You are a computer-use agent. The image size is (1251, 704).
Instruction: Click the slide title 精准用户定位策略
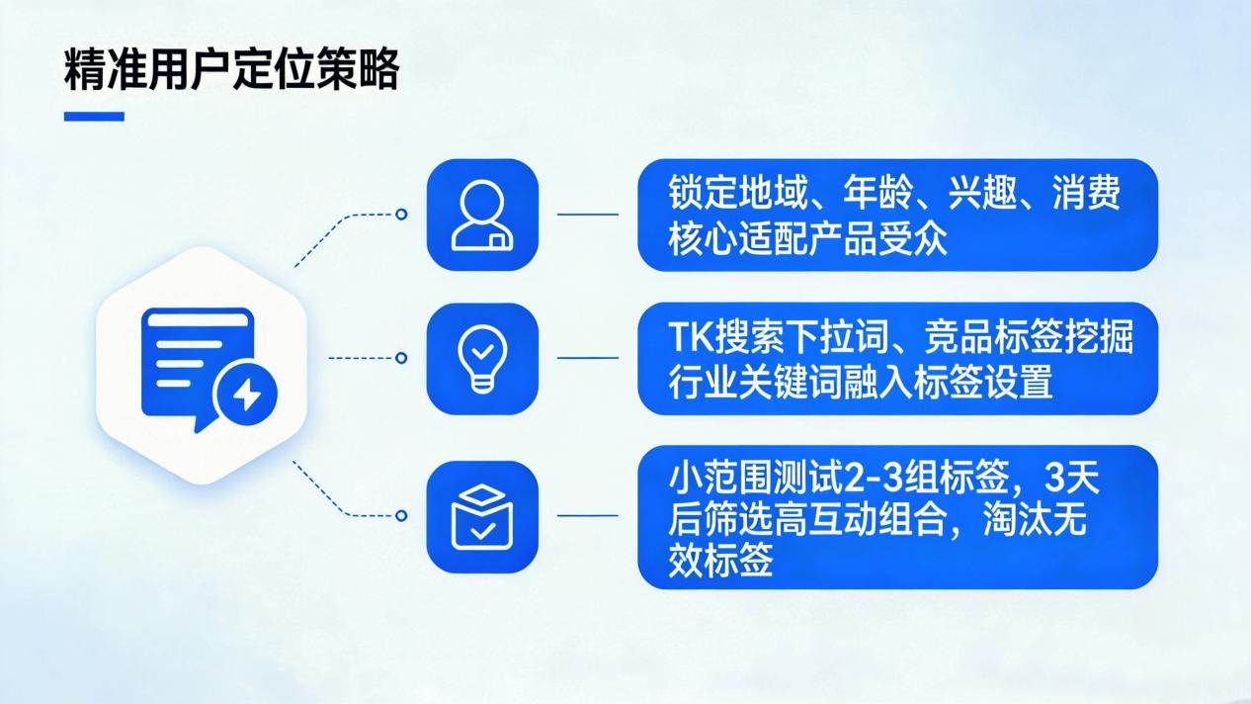tap(231, 72)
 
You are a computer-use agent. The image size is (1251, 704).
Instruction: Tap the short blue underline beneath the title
tap(94, 117)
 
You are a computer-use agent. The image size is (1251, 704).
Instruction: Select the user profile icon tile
tap(482, 215)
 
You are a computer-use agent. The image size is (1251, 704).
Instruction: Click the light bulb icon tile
tap(482, 358)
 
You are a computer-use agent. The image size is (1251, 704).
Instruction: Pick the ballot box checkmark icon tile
tap(482, 516)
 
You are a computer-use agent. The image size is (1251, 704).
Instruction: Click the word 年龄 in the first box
tap(876, 193)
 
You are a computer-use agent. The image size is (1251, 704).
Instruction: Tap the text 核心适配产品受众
tap(807, 239)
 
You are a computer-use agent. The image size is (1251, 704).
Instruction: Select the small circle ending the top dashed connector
tap(401, 214)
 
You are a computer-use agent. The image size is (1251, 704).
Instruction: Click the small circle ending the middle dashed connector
tap(401, 358)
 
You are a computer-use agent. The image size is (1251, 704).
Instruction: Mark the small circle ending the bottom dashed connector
tap(401, 515)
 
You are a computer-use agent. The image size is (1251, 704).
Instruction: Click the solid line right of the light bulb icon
tap(588, 358)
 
